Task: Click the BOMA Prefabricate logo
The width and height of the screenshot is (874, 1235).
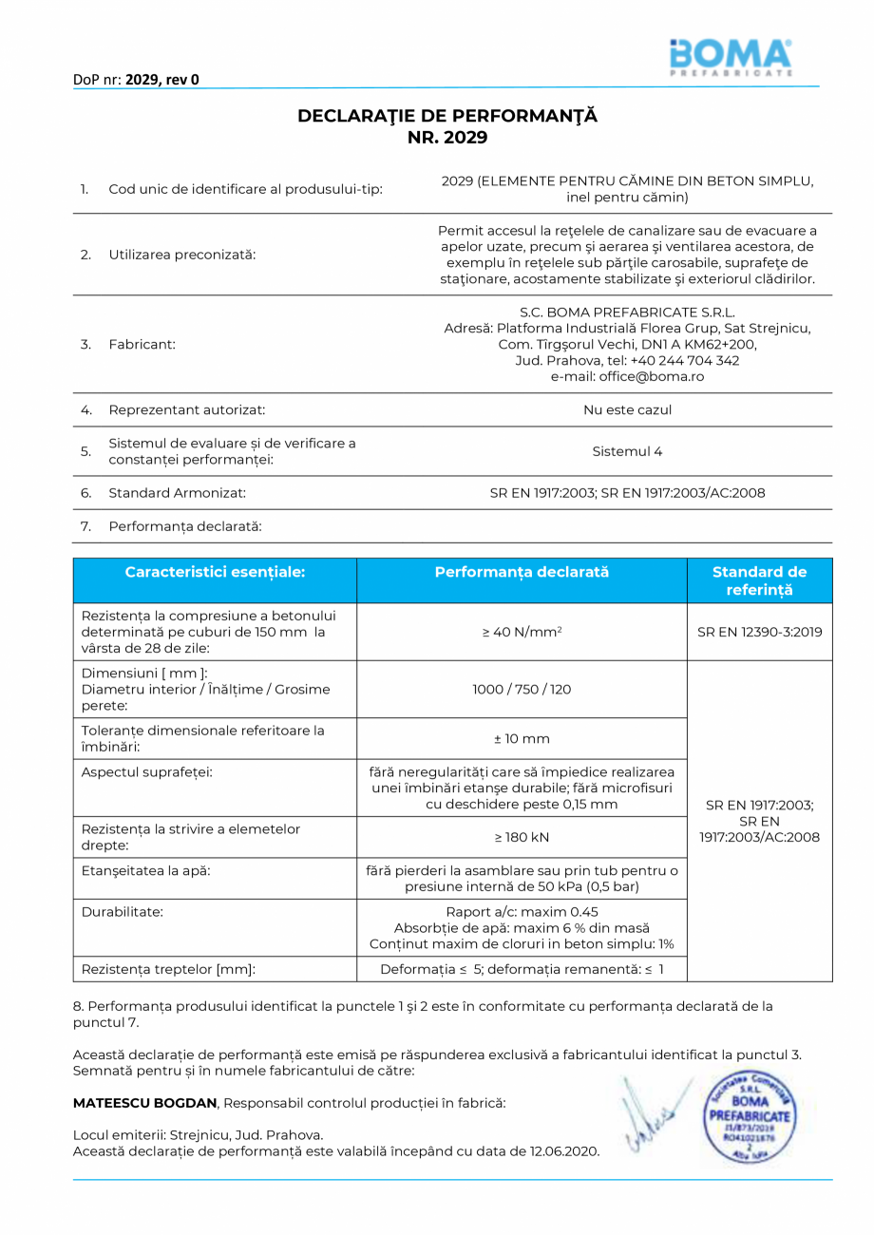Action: click(x=730, y=58)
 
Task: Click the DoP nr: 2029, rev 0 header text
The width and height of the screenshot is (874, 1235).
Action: click(x=136, y=80)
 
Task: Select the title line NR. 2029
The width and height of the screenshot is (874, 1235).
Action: click(x=446, y=138)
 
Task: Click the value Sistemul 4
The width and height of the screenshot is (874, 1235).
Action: click(x=627, y=451)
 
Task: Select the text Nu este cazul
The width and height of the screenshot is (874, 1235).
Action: click(x=627, y=410)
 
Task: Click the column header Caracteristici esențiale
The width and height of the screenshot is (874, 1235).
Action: click(x=215, y=572)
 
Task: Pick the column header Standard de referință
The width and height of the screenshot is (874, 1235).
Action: click(x=759, y=580)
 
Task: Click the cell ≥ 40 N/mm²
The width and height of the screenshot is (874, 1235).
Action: click(x=522, y=632)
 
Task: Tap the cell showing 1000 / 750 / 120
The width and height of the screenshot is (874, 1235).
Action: click(x=522, y=689)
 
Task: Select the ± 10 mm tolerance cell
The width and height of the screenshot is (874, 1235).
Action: click(x=522, y=738)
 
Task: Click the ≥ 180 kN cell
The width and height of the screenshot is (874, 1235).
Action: click(x=522, y=837)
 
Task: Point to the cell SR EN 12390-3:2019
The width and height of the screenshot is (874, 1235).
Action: click(x=759, y=632)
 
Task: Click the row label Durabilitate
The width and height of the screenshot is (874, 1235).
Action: click(x=123, y=911)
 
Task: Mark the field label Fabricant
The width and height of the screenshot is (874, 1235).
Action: click(x=142, y=344)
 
